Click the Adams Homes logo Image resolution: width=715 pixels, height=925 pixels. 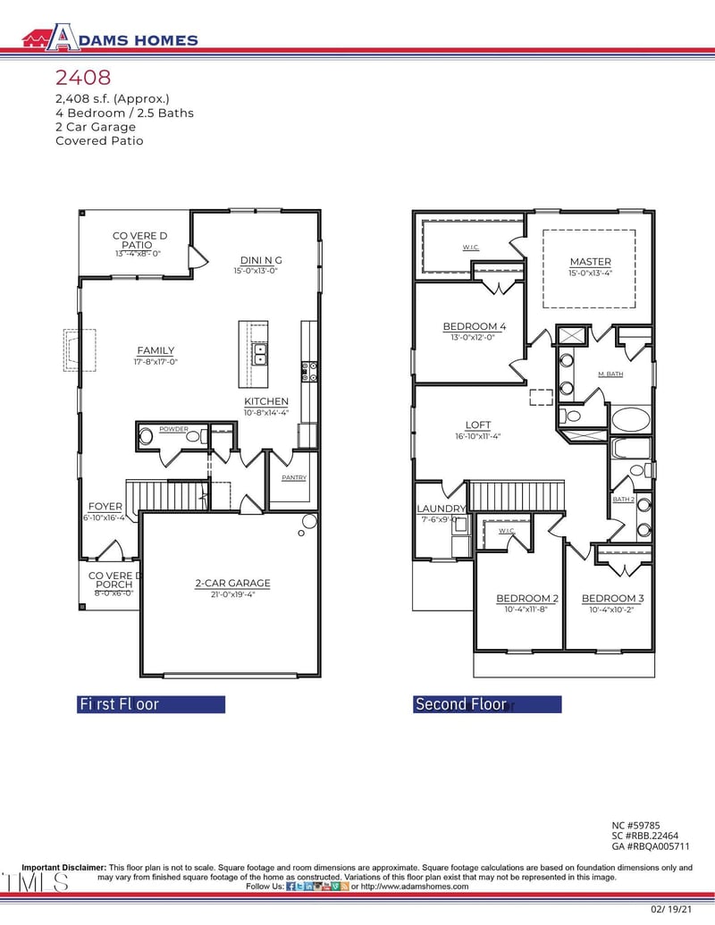click(110, 38)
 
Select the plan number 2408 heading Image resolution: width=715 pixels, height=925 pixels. click(83, 79)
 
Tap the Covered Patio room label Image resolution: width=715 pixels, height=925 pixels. click(139, 240)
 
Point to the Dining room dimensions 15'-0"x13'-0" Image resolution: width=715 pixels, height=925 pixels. click(256, 270)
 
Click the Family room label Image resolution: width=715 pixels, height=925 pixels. click(156, 350)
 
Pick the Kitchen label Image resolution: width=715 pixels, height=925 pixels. click(266, 401)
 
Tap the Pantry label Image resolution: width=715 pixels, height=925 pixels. click(294, 478)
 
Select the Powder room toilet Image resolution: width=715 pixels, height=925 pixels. click(147, 437)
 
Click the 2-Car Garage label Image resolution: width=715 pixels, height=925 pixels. click(232, 584)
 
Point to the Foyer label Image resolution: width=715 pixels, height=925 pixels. click(105, 507)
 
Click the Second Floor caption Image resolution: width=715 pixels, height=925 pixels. click(460, 704)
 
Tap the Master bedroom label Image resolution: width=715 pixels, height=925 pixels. click(590, 262)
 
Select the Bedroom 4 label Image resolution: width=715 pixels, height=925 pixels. click(475, 327)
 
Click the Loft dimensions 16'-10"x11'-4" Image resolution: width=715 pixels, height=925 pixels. click(478, 437)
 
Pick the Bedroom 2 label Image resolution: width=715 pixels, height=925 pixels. click(527, 598)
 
